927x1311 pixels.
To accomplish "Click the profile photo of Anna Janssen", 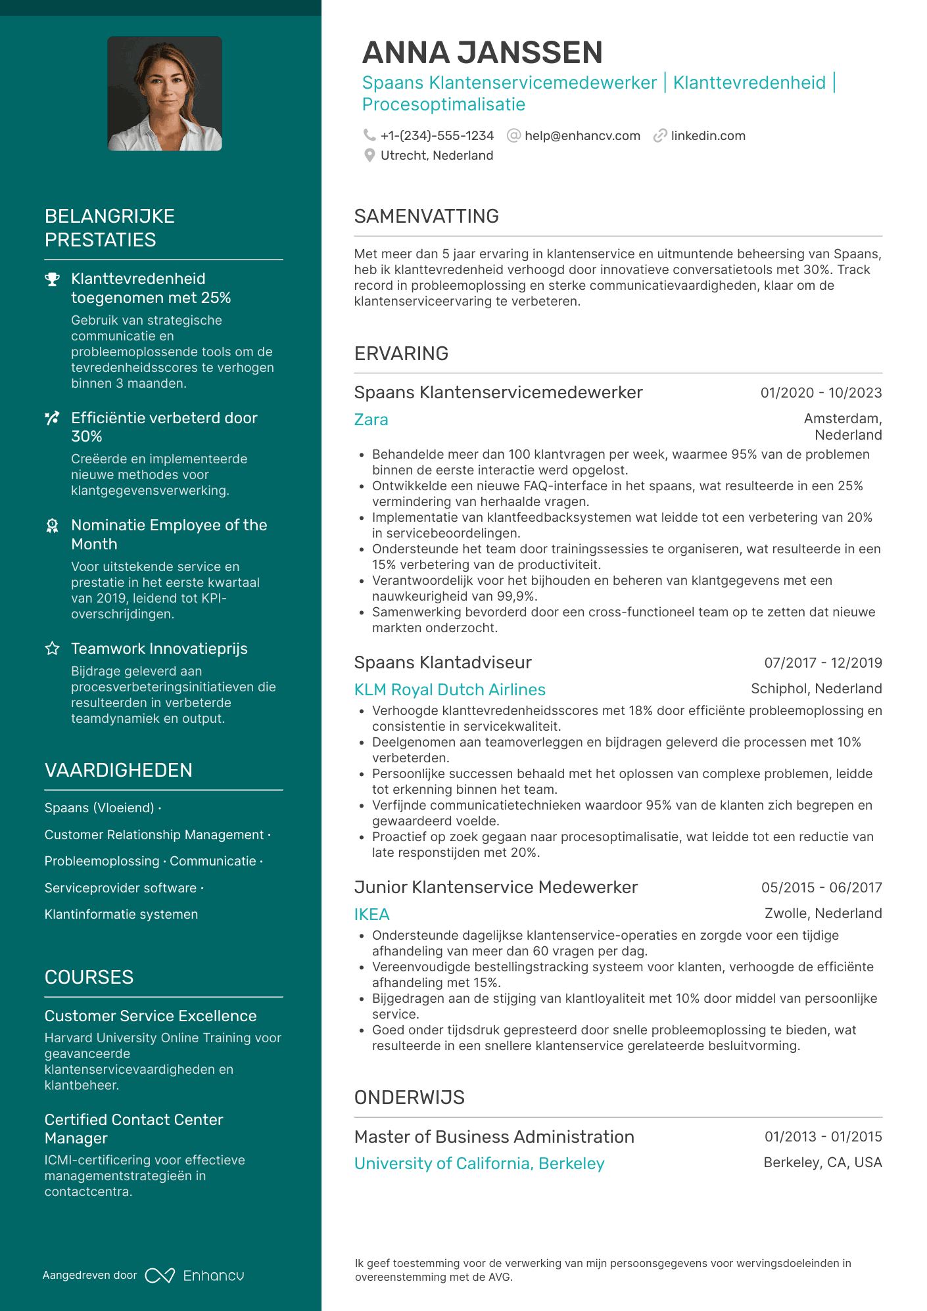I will click(164, 93).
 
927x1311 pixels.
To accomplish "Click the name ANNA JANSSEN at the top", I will click(482, 53).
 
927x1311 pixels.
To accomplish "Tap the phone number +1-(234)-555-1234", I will click(437, 136).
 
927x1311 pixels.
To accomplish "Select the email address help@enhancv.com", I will click(582, 136).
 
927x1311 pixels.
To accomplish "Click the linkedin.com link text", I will click(707, 136).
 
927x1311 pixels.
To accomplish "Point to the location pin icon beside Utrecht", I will click(369, 156).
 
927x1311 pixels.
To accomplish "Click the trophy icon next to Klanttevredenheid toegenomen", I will click(53, 279).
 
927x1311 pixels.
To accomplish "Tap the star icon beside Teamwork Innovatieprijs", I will click(53, 649).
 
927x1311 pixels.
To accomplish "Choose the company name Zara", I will click(371, 420).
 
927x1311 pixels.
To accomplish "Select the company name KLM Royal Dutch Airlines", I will click(450, 690).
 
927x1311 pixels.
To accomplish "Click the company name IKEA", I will click(371, 915).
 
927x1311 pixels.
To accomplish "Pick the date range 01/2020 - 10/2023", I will click(820, 393).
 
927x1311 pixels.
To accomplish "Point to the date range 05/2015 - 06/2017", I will click(821, 888).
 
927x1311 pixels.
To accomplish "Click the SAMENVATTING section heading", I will click(426, 216).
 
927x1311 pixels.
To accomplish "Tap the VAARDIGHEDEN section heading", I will click(118, 770).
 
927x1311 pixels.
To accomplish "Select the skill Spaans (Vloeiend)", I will click(99, 808).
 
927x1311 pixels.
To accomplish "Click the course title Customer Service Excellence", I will click(151, 1016).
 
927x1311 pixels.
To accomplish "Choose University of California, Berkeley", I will click(479, 1164).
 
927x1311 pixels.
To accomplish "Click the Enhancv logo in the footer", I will click(195, 1276).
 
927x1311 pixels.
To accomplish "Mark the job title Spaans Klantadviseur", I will click(442, 662).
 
